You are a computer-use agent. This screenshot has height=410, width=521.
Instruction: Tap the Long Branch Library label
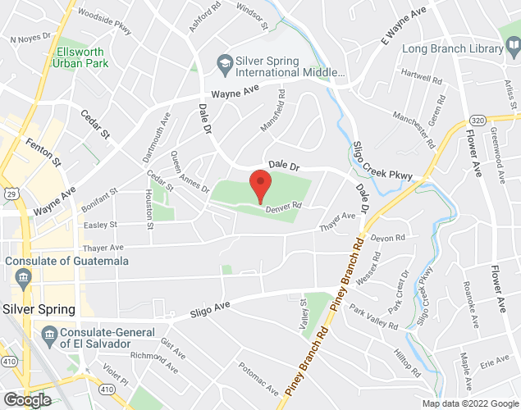[x=452, y=49]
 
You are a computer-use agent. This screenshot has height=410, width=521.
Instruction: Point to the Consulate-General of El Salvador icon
[x=48, y=334]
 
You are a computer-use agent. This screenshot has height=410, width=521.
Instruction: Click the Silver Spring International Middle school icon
[x=223, y=62]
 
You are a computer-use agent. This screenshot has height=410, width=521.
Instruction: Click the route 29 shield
[x=8, y=194]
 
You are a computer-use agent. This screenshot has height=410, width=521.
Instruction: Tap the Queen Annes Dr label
[x=190, y=171]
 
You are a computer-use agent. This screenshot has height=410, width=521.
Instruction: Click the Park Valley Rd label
[x=375, y=316]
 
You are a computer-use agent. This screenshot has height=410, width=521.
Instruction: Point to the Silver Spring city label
[x=39, y=309]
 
